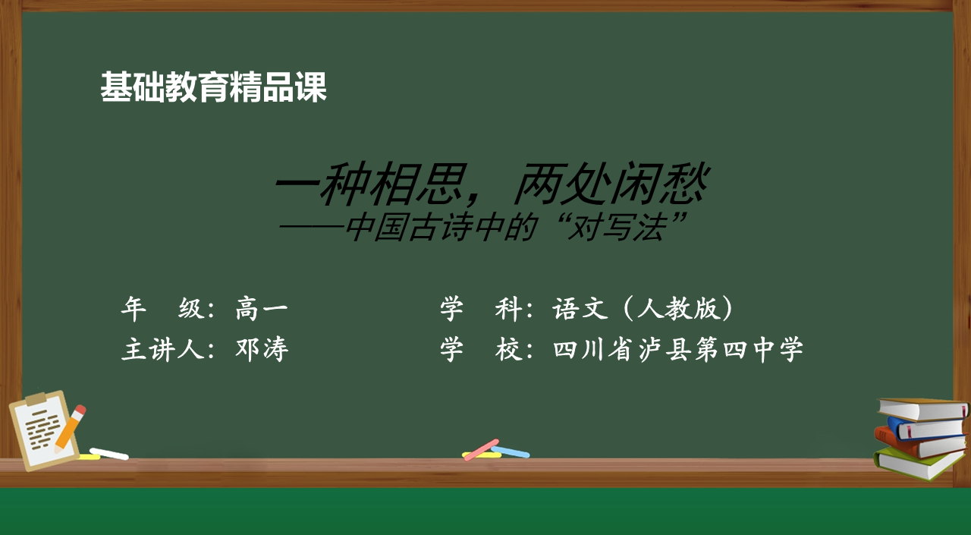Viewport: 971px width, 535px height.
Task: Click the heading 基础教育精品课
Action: click(x=213, y=87)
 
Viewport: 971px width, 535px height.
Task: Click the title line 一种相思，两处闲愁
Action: click(x=491, y=184)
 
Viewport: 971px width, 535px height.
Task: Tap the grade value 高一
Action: click(x=262, y=309)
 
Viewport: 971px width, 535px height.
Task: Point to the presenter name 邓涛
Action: click(x=262, y=349)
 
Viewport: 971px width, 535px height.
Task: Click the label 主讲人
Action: click(x=162, y=349)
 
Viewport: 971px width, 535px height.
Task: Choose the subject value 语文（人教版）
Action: click(x=643, y=309)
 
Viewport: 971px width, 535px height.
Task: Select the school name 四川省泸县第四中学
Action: click(x=678, y=349)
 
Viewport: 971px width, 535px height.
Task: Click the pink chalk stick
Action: click(x=481, y=450)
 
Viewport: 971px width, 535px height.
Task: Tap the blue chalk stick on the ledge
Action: click(x=511, y=452)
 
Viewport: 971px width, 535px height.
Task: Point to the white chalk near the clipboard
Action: click(x=108, y=454)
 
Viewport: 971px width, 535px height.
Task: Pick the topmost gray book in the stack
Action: click(x=923, y=409)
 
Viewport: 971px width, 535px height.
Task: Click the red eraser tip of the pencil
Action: click(x=80, y=409)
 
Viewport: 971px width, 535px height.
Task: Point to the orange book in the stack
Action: click(x=919, y=443)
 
